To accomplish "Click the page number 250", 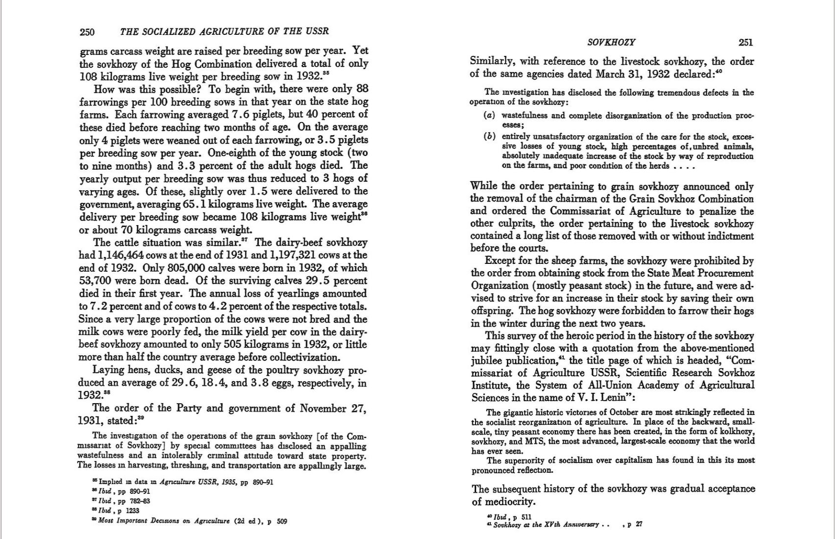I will click(87, 32).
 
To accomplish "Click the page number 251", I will click(745, 43).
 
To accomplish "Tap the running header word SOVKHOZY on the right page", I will click(611, 43).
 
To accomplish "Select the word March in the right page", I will click(610, 74).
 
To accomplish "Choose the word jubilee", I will click(488, 360).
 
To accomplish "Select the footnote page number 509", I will click(282, 521).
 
